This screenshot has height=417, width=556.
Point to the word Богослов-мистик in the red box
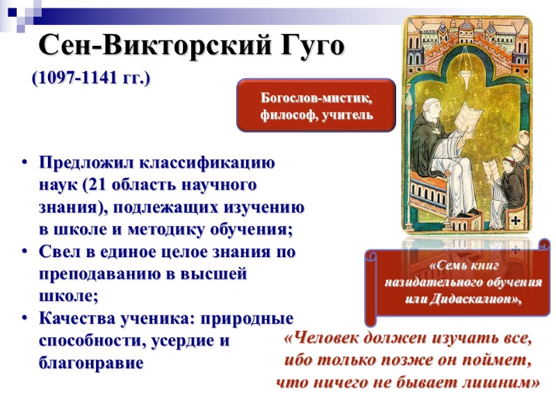(316, 99)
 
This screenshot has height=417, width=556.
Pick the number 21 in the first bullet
(99, 186)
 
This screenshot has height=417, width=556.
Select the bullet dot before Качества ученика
(24, 319)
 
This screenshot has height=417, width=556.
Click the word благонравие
(90, 362)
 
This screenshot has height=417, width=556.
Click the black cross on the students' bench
(515, 220)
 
